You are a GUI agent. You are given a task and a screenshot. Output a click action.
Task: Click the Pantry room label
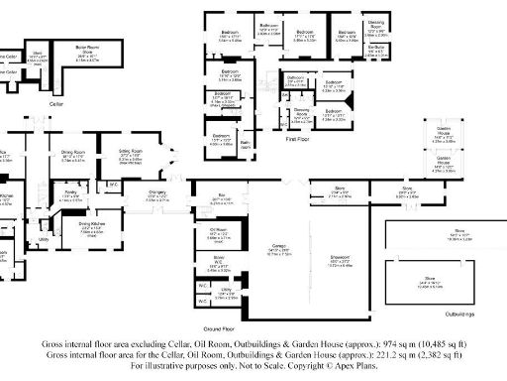(70, 196)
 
